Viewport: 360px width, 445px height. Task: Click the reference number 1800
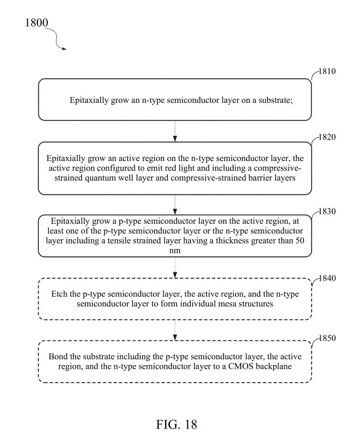(37, 23)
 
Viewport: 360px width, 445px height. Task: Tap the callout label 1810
(327, 71)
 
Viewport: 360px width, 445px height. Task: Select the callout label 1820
(327, 137)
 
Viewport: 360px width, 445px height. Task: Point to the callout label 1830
(327, 212)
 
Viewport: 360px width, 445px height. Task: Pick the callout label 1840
(328, 278)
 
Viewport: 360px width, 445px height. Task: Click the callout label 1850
(328, 338)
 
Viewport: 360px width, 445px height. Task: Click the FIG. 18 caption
(176, 425)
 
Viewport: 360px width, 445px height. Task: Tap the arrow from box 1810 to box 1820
(175, 131)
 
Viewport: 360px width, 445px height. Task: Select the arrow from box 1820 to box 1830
(175, 205)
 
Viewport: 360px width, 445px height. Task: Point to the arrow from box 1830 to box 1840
(175, 268)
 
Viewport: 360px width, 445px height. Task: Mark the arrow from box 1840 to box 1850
(175, 330)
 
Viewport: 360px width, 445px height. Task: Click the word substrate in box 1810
(275, 100)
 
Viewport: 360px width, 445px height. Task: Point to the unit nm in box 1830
(175, 251)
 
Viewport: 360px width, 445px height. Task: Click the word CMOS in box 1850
(241, 366)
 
